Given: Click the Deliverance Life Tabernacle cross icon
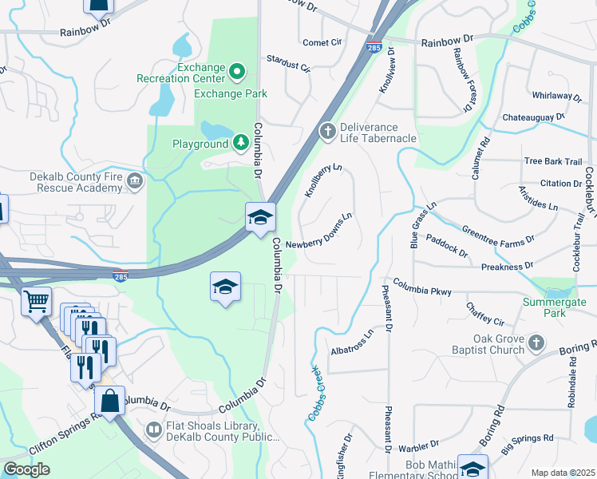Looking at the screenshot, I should coord(326,131).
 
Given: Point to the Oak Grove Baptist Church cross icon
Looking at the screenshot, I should coord(537,344).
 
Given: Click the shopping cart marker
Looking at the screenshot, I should coord(36,303).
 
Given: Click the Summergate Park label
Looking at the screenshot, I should coord(554,308).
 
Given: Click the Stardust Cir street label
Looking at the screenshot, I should coord(288,63).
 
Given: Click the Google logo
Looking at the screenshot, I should coord(26,469).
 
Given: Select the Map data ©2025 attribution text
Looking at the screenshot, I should coord(563,473).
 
